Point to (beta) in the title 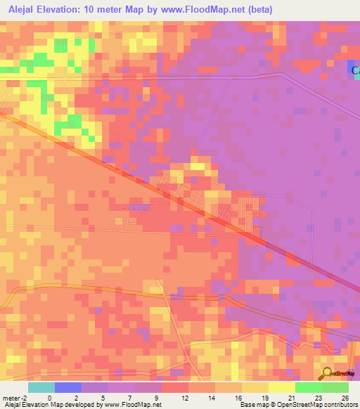tap(258, 9)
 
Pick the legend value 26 tap(345, 398)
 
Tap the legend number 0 tap(50, 398)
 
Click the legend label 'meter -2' tap(14, 398)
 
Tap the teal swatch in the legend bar tap(41, 387)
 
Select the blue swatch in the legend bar tap(67, 387)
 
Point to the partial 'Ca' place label tap(355, 70)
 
